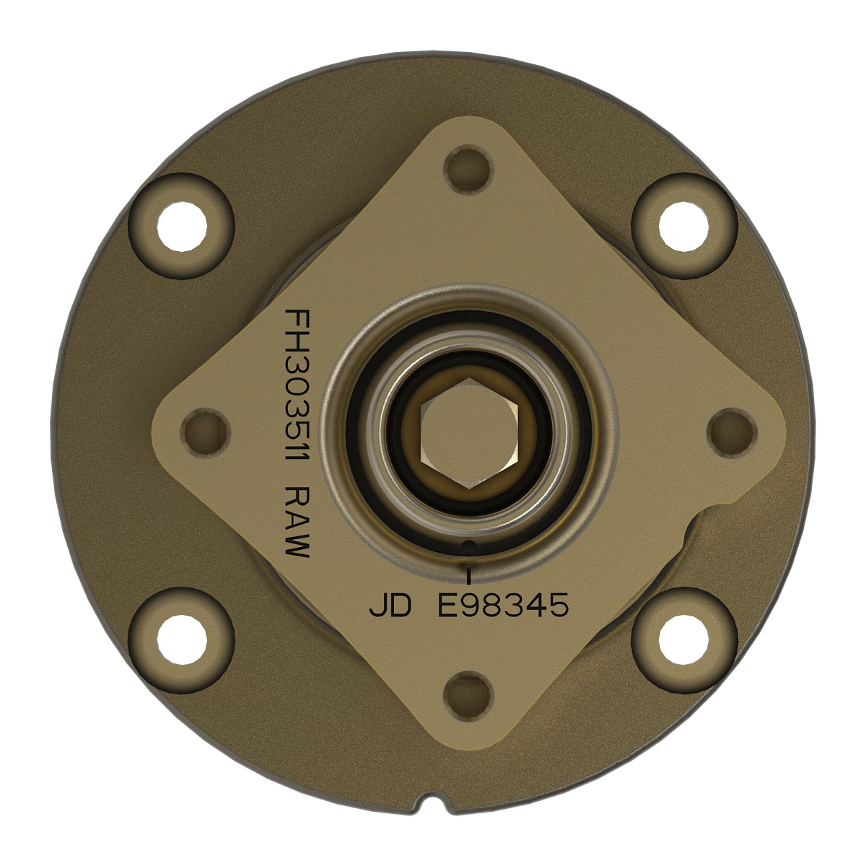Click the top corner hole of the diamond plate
point(468,170)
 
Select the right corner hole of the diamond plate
point(731,432)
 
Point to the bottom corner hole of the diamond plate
point(468,696)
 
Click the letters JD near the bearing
point(390,606)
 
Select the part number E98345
point(503,606)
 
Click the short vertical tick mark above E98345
point(470,575)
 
